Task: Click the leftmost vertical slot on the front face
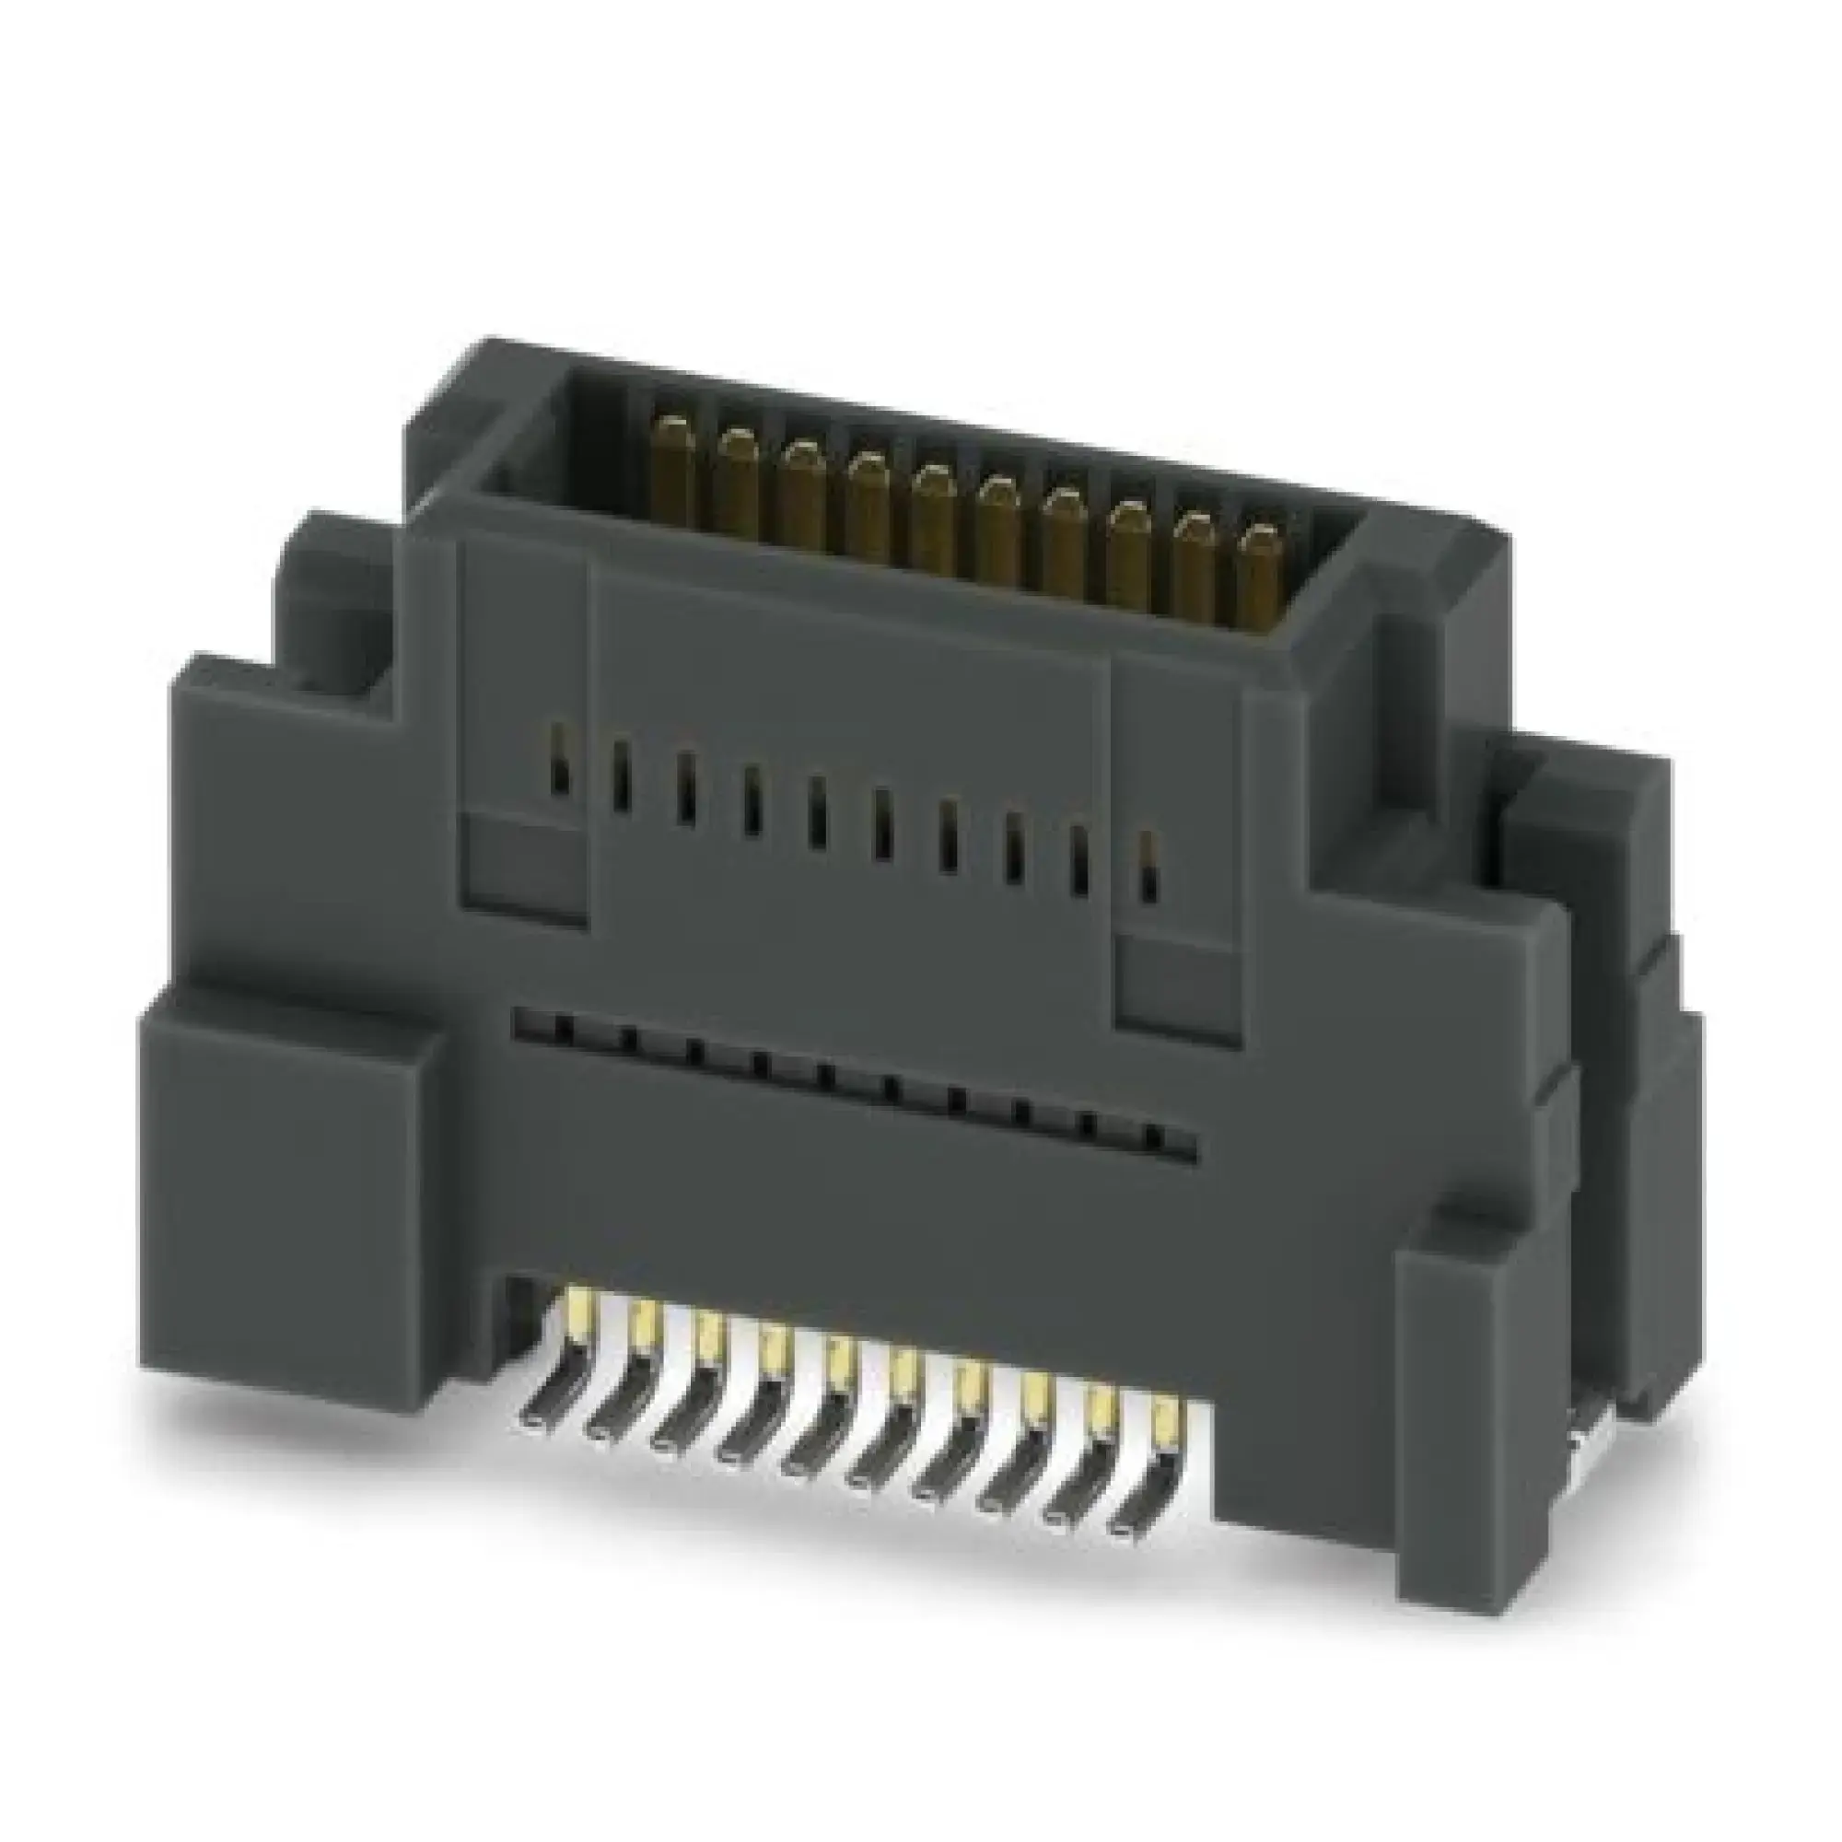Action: tap(559, 758)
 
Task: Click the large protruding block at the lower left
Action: tap(286, 1192)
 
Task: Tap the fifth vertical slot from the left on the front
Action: tap(816, 810)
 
